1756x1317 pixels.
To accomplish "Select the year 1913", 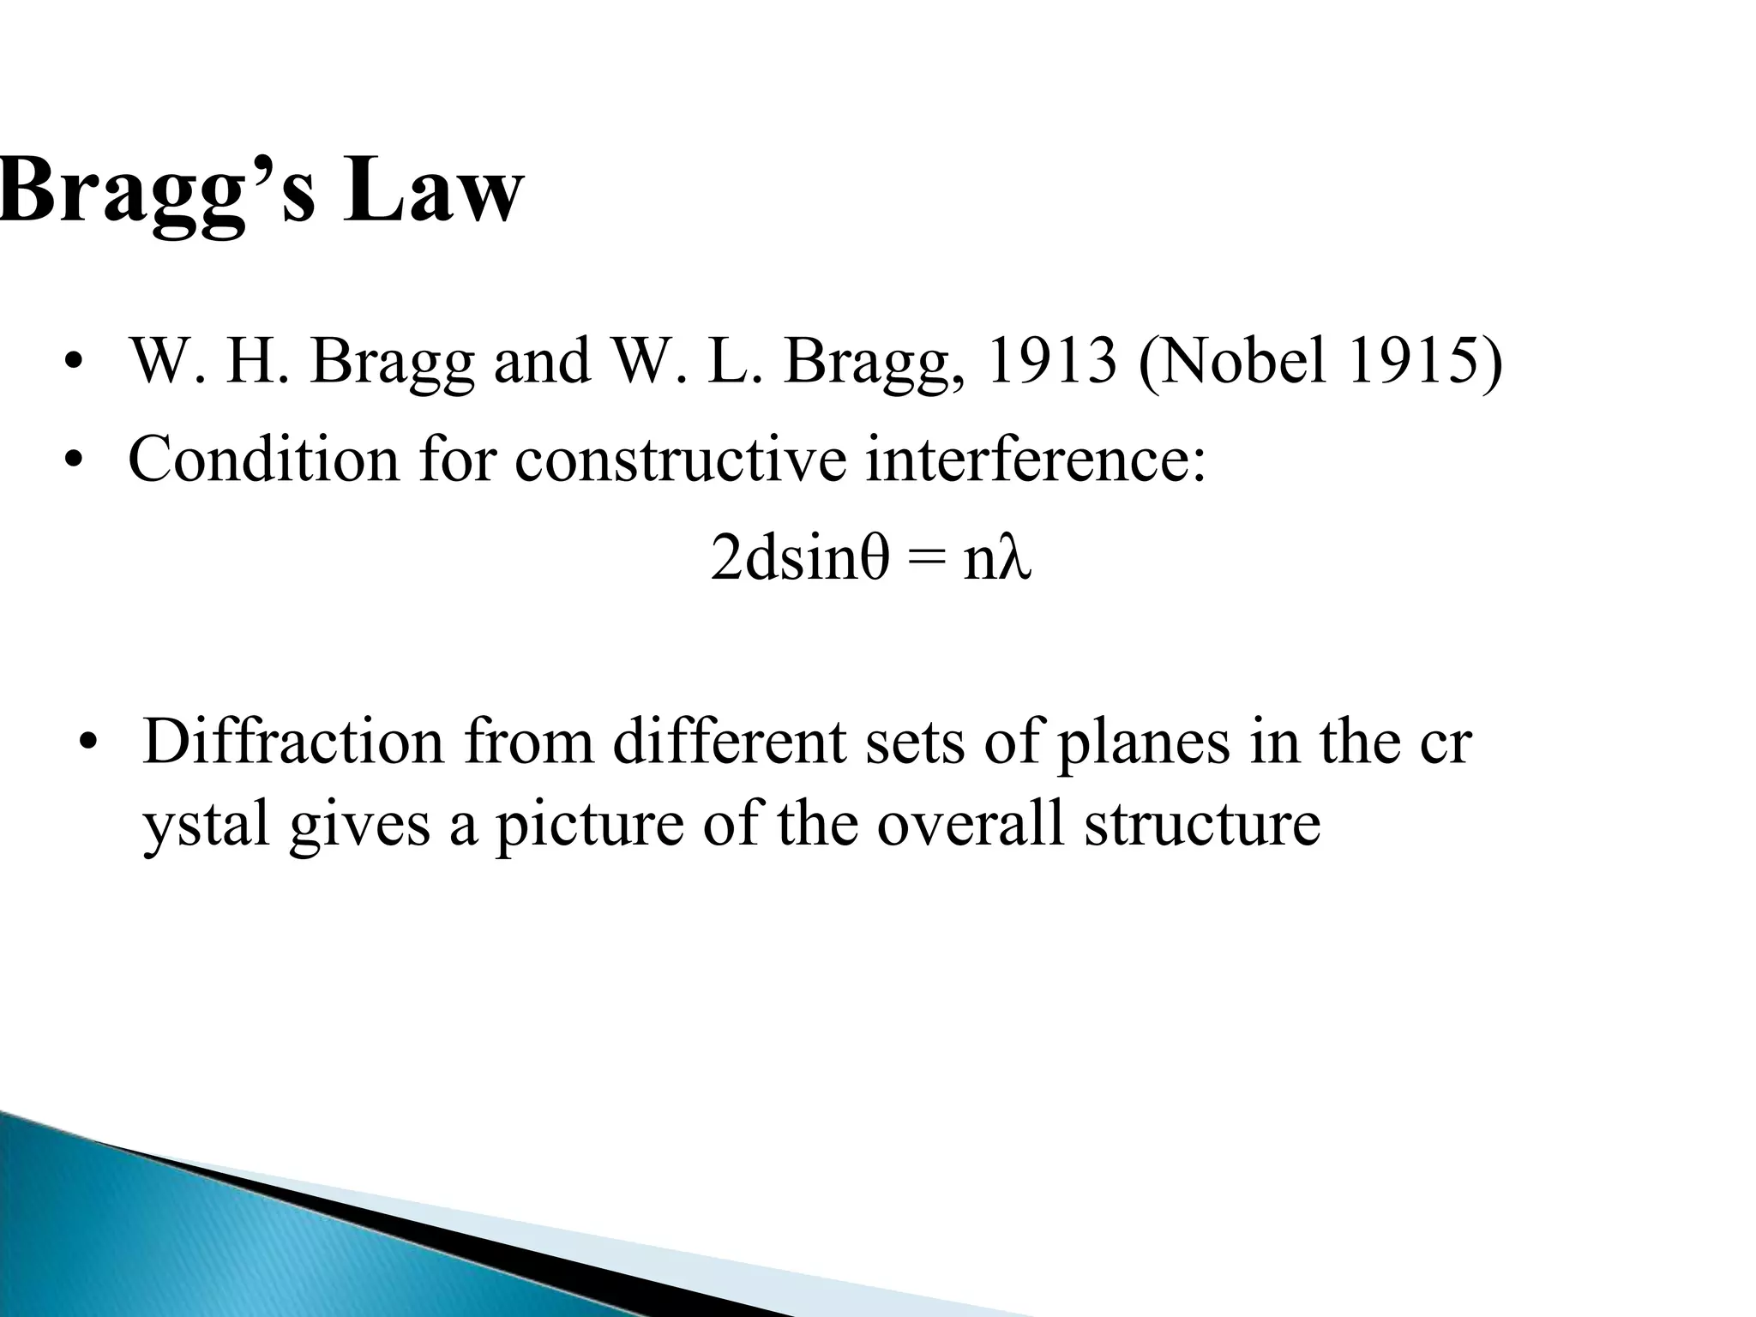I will click(x=1052, y=361).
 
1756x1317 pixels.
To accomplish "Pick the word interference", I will click(x=1032, y=459).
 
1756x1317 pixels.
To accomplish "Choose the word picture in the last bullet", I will click(x=592, y=825).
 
